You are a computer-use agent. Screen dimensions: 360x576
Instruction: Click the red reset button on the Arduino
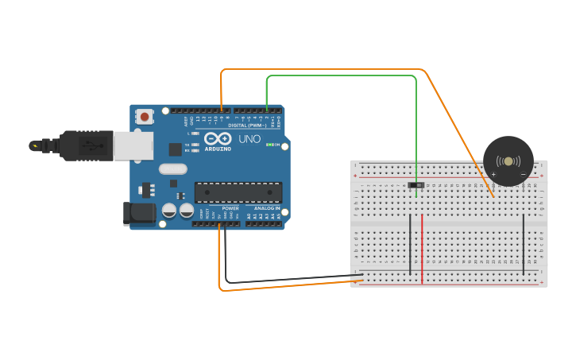coord(145,117)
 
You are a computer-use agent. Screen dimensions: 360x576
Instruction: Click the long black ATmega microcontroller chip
coord(238,192)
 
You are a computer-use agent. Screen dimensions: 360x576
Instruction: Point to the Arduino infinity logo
coord(218,139)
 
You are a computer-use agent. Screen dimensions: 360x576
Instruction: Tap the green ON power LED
coord(269,145)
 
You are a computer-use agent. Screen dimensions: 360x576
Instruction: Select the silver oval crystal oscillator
coord(172,168)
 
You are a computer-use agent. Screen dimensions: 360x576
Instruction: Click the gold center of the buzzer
coord(508,161)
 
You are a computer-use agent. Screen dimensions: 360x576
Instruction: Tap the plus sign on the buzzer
coord(493,173)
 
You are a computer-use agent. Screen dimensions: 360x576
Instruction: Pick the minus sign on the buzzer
coord(523,173)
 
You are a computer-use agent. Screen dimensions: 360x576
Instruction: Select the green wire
coord(342,76)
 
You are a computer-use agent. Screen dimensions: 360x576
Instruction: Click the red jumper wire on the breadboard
coord(422,248)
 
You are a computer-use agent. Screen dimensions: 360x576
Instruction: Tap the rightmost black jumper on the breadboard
coord(523,243)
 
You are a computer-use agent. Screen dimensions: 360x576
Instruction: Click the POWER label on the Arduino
coord(230,208)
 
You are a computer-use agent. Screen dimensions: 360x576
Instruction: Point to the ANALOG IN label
coord(266,208)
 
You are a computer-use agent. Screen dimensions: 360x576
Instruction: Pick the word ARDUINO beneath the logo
coord(218,149)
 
